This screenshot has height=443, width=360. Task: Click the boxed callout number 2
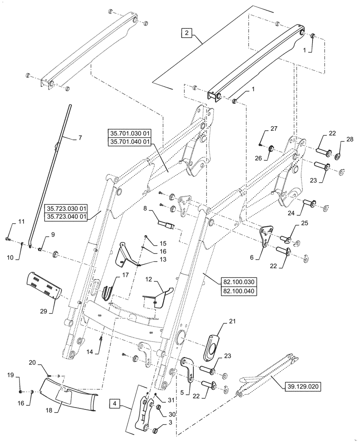187,33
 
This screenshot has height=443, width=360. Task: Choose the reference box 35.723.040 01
67,216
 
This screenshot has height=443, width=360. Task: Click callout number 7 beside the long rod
80,138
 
